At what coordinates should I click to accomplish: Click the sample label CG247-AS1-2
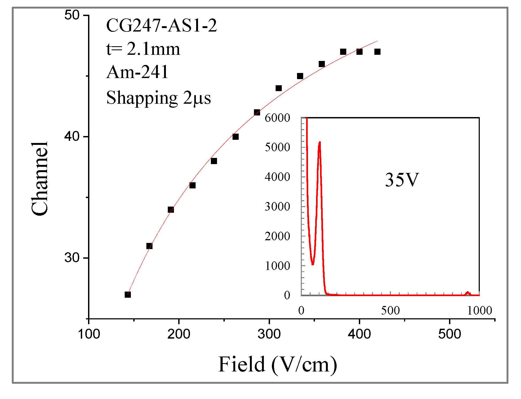(161, 26)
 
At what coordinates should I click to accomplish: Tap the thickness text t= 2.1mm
(143, 49)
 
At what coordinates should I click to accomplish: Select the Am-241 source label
(137, 72)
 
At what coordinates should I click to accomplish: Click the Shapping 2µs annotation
(158, 98)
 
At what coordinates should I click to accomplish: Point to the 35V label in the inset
(401, 180)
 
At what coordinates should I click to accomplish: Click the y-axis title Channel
(40, 179)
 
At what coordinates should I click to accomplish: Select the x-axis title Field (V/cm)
(277, 364)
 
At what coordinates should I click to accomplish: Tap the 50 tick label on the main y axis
(72, 15)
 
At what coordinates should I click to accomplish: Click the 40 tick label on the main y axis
(72, 137)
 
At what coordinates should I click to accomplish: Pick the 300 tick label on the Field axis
(269, 334)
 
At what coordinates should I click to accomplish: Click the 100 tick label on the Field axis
(89, 334)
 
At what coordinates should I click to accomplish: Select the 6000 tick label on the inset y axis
(277, 118)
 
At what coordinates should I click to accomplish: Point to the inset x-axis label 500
(390, 311)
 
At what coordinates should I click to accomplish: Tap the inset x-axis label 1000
(480, 311)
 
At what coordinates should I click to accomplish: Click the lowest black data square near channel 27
(128, 295)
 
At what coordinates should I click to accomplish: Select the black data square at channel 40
(235, 137)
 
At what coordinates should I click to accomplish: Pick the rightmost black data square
(377, 52)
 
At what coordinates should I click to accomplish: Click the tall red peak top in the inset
(320, 142)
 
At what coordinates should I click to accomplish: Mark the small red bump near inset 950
(467, 293)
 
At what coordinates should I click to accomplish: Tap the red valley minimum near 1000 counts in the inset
(313, 264)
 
